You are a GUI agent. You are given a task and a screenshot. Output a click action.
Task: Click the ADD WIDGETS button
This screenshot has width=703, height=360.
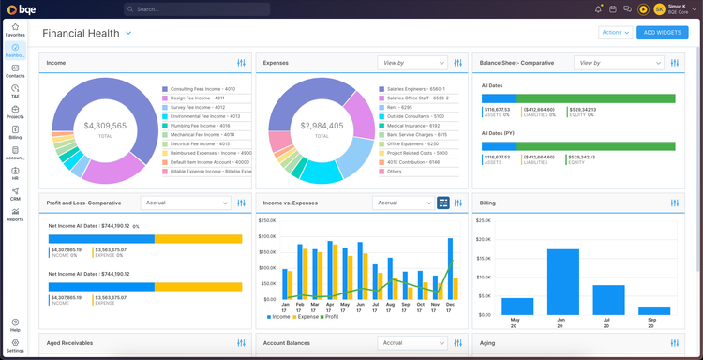coord(662,33)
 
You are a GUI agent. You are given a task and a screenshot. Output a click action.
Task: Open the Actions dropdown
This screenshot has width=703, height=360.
coord(614,33)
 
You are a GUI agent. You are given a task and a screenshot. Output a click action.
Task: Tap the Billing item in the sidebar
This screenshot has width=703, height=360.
coord(15,132)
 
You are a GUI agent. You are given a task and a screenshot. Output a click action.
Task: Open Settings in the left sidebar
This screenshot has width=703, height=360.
coord(15,345)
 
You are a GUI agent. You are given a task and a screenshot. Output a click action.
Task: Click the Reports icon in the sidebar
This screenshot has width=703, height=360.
coord(15,214)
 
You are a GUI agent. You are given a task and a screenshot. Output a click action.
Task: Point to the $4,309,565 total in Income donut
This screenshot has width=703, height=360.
coord(105,126)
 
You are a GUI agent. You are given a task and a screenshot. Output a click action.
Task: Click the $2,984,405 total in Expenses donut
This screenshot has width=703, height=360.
coord(322,126)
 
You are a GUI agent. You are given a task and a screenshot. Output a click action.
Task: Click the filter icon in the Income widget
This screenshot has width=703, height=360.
coord(242,63)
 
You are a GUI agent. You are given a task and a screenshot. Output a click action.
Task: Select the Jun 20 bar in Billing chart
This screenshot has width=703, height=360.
coord(562,281)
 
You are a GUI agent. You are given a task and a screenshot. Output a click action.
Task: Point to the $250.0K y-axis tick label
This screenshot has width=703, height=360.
coord(267,221)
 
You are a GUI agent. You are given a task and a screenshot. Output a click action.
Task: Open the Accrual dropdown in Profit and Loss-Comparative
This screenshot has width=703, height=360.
coord(185,202)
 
